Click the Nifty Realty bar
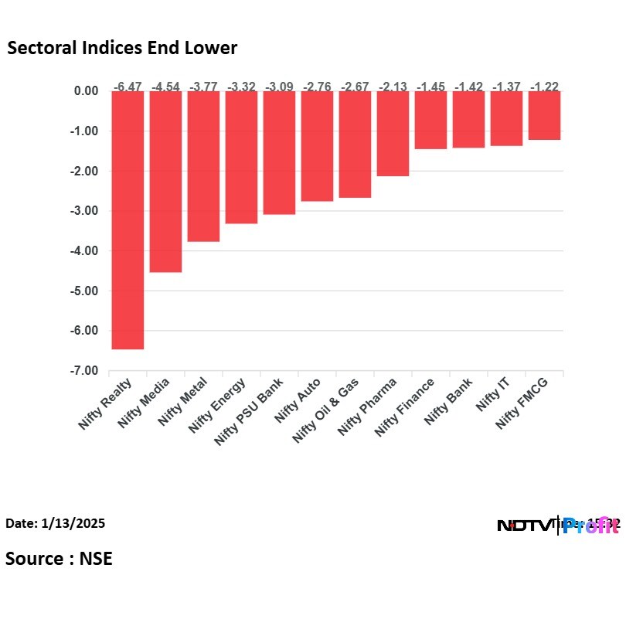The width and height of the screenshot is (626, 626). tap(128, 220)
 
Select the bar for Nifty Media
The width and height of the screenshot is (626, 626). tap(165, 182)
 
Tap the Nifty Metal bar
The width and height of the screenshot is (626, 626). tap(203, 166)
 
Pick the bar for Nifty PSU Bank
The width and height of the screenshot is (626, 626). tap(279, 153)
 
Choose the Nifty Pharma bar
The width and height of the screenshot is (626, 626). tap(393, 134)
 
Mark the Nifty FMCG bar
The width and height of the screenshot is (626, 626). tap(545, 116)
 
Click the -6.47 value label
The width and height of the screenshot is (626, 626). tap(128, 87)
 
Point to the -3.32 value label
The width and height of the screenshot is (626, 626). tap(241, 87)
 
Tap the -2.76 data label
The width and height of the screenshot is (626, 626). tap(317, 87)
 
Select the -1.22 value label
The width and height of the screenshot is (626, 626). tap(545, 87)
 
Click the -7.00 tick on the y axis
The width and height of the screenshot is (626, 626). tap(83, 371)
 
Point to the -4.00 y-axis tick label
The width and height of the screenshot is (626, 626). tap(83, 251)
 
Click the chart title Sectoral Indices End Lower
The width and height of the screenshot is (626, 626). tap(122, 48)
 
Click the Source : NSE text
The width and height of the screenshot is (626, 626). tap(59, 558)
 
